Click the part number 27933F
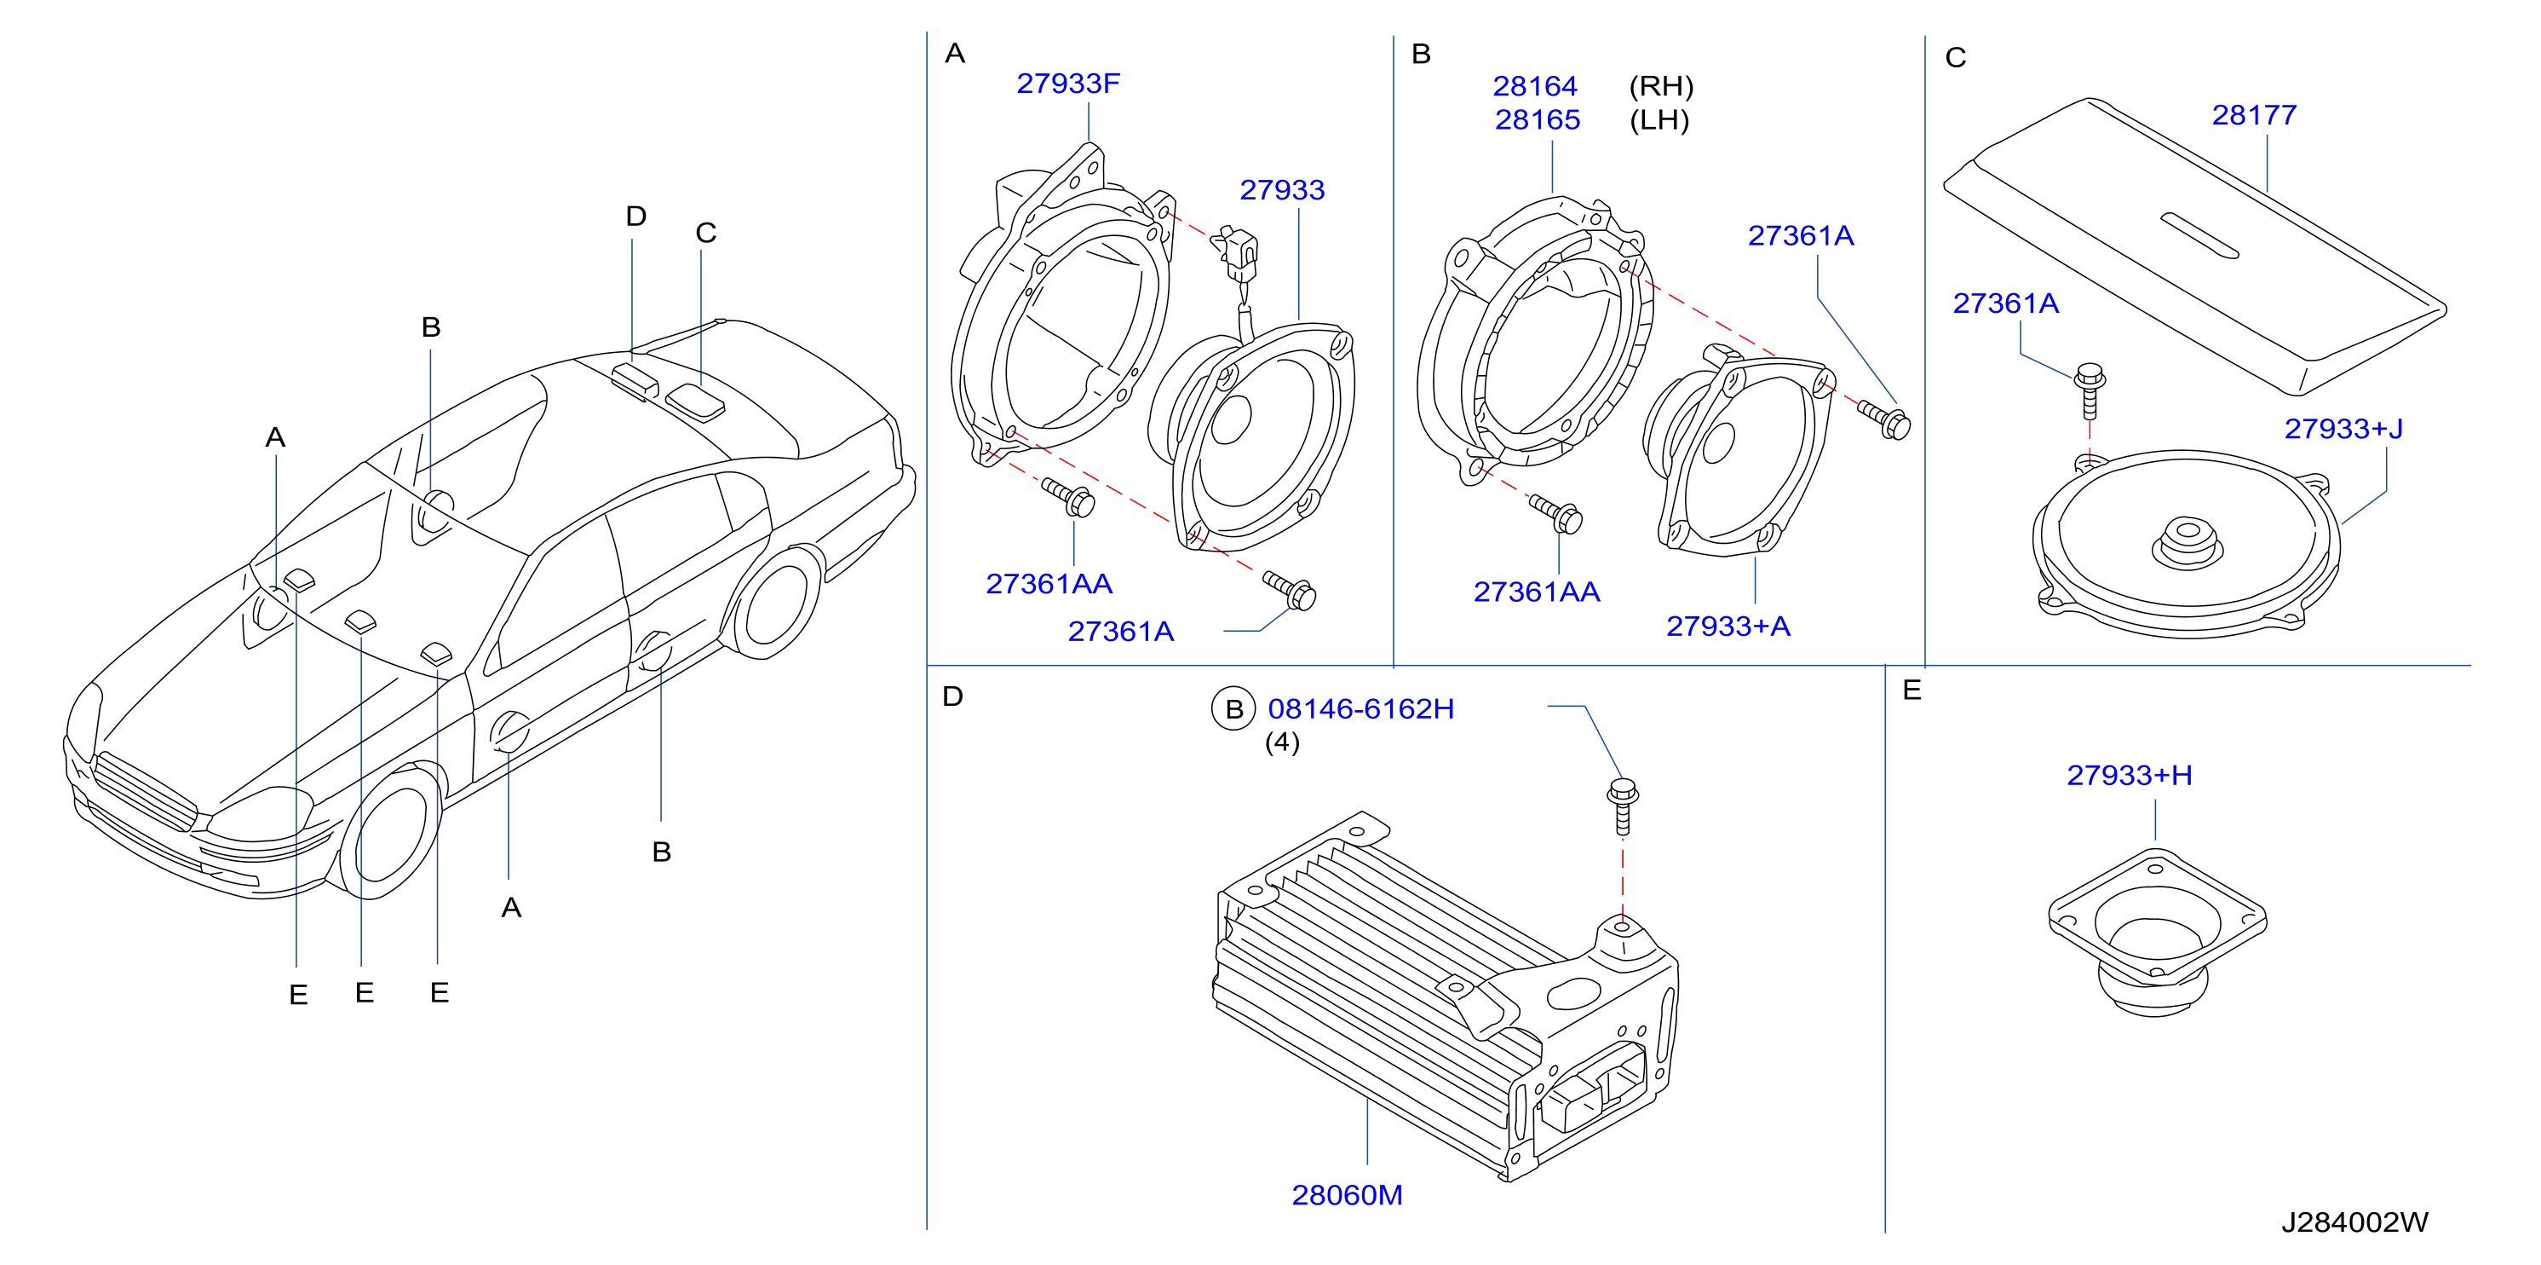click(x=1067, y=84)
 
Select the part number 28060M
click(x=1347, y=1195)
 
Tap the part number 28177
click(x=2254, y=115)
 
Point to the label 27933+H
click(x=2129, y=776)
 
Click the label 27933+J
click(x=2343, y=430)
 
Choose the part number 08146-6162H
click(x=1360, y=708)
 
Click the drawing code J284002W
click(x=2354, y=1222)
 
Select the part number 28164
click(x=1535, y=87)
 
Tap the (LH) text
click(x=1659, y=120)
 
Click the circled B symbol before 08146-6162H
click(x=1233, y=709)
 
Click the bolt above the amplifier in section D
click(x=1623, y=806)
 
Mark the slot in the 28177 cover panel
click(x=2199, y=236)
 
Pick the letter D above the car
click(x=636, y=217)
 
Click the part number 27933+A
click(x=1728, y=627)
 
